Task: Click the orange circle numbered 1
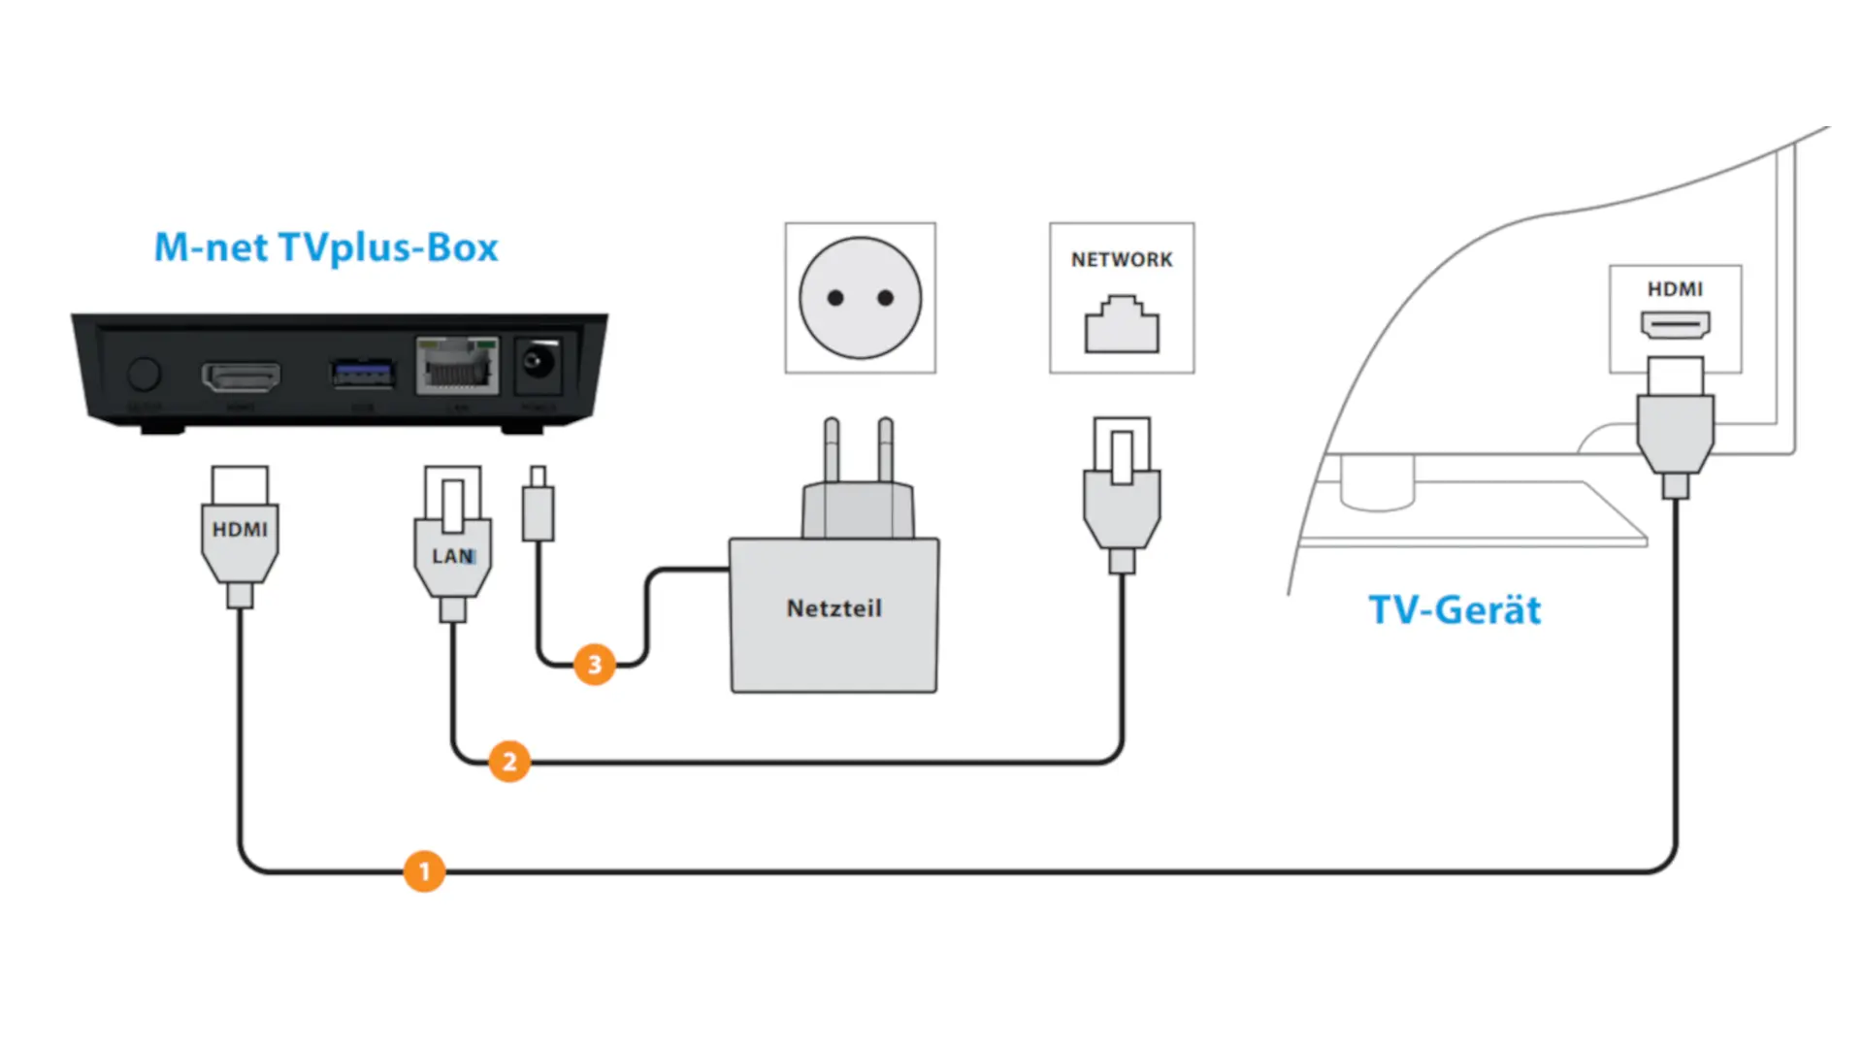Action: (x=424, y=871)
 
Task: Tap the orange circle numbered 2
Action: (x=509, y=762)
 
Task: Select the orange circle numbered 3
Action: (x=595, y=665)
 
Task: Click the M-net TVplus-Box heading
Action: (x=326, y=248)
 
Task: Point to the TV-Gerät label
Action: (x=1454, y=610)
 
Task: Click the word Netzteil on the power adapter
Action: (x=834, y=608)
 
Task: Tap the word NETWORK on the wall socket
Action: (x=1122, y=260)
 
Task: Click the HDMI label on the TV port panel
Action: (x=1675, y=289)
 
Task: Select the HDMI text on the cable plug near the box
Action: (x=240, y=530)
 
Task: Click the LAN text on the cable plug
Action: (x=453, y=556)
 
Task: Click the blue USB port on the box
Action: (x=363, y=373)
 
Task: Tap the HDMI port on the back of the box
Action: (x=241, y=376)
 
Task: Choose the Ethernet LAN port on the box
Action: (x=457, y=366)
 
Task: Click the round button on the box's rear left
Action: (x=145, y=374)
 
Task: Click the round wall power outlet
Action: (x=861, y=298)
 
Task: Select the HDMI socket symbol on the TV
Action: (x=1676, y=325)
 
